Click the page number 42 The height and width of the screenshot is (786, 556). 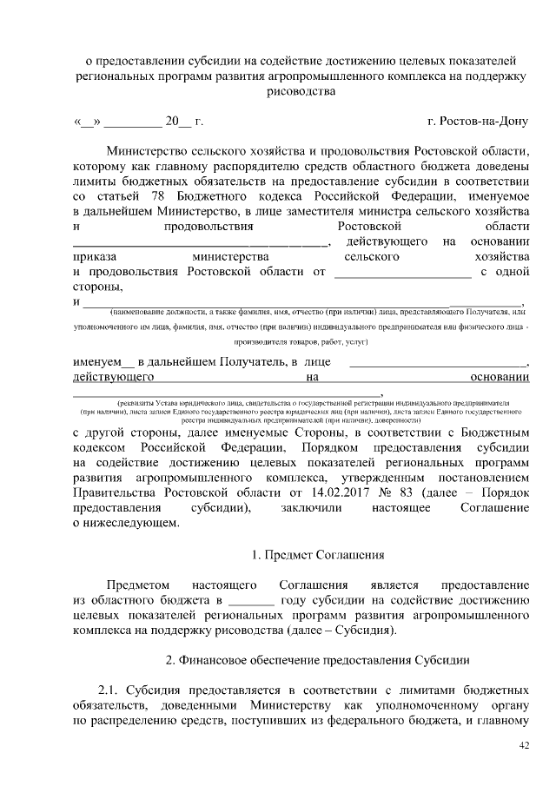point(523,745)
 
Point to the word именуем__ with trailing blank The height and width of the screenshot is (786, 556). point(103,360)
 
